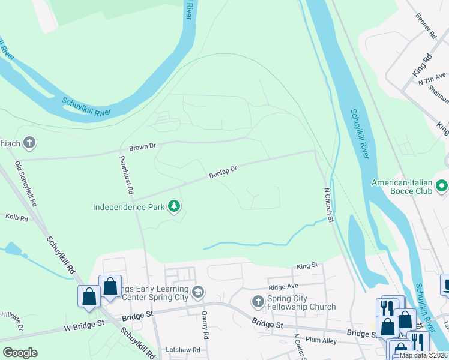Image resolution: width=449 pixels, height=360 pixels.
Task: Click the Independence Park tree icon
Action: [x=174, y=207]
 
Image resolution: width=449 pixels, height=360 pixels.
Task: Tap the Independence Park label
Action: [x=128, y=208]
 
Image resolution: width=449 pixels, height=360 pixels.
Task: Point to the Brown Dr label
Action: [x=143, y=146]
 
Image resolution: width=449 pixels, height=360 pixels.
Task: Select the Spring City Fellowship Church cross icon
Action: [x=258, y=301]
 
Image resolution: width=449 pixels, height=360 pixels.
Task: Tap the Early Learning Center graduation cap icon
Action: [x=198, y=292]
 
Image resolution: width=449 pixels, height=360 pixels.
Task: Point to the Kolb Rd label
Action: [x=17, y=218]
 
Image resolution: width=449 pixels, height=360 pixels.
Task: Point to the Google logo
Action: [x=20, y=352]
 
